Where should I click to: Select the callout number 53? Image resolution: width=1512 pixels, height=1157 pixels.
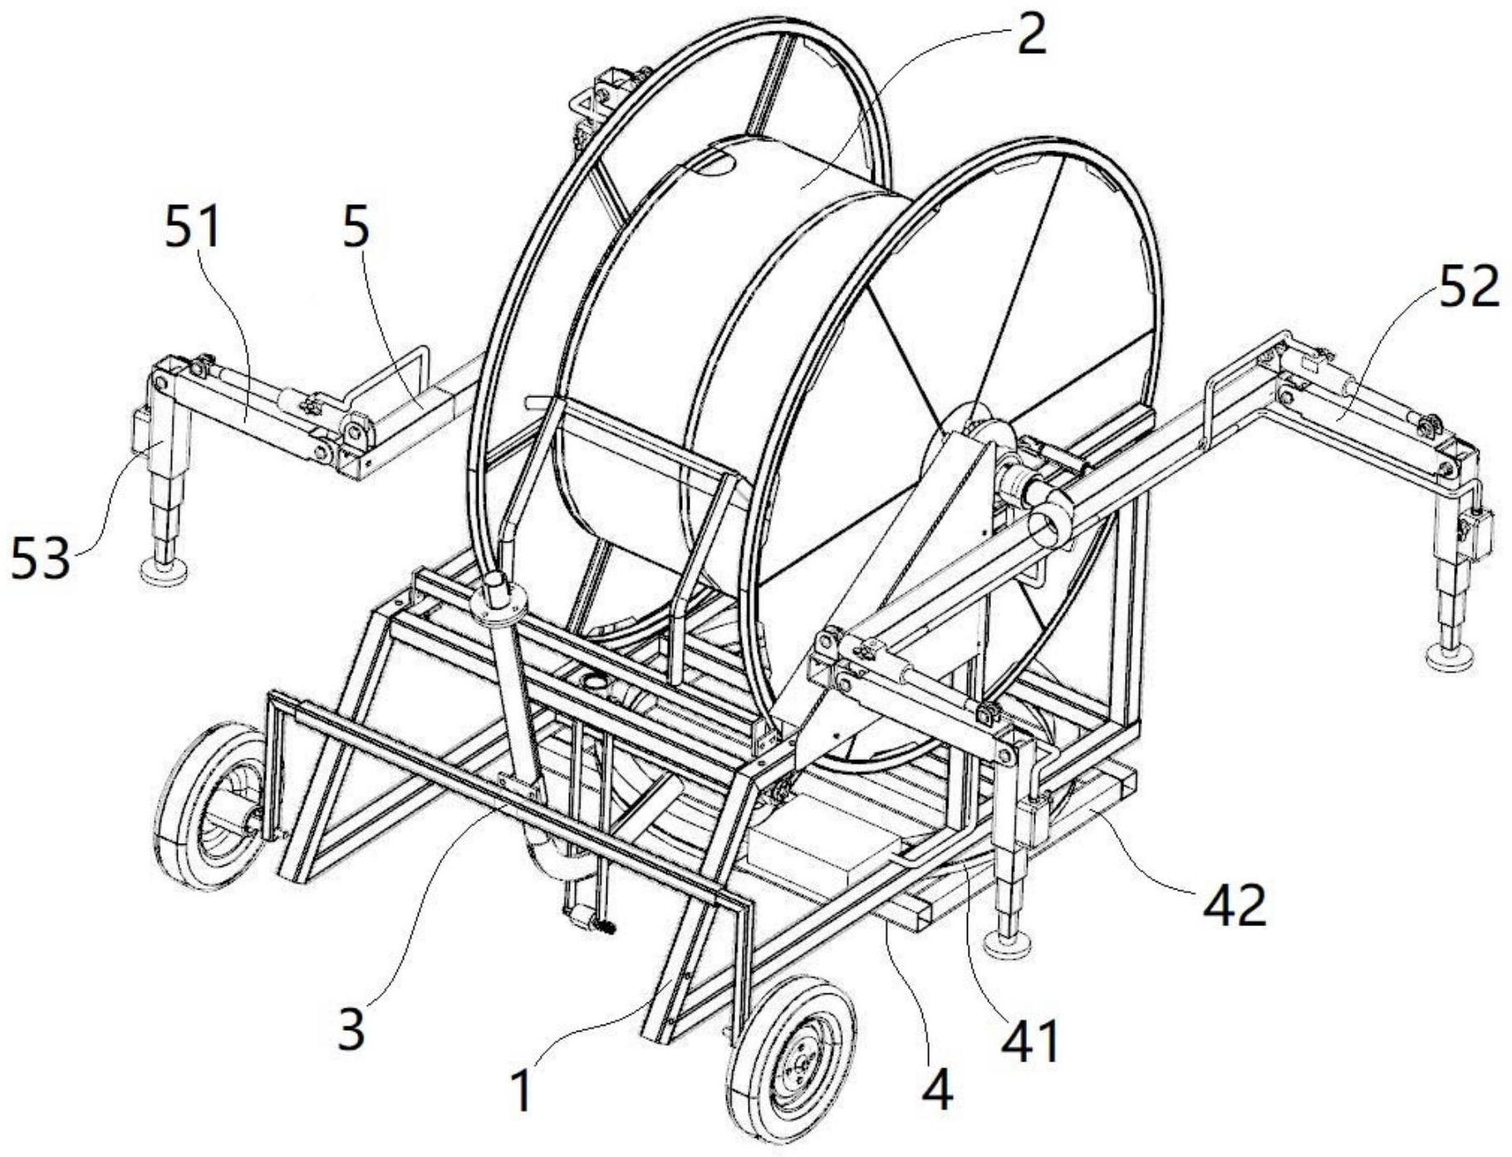39,561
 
